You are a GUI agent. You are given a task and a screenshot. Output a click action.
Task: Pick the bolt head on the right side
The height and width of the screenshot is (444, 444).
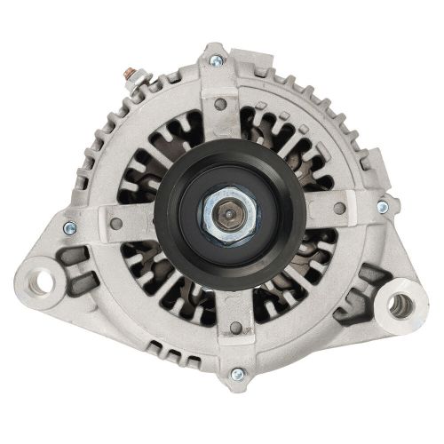click(x=382, y=207)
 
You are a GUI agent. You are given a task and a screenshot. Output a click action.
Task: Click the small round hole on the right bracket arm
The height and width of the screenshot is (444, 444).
click(x=339, y=211)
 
